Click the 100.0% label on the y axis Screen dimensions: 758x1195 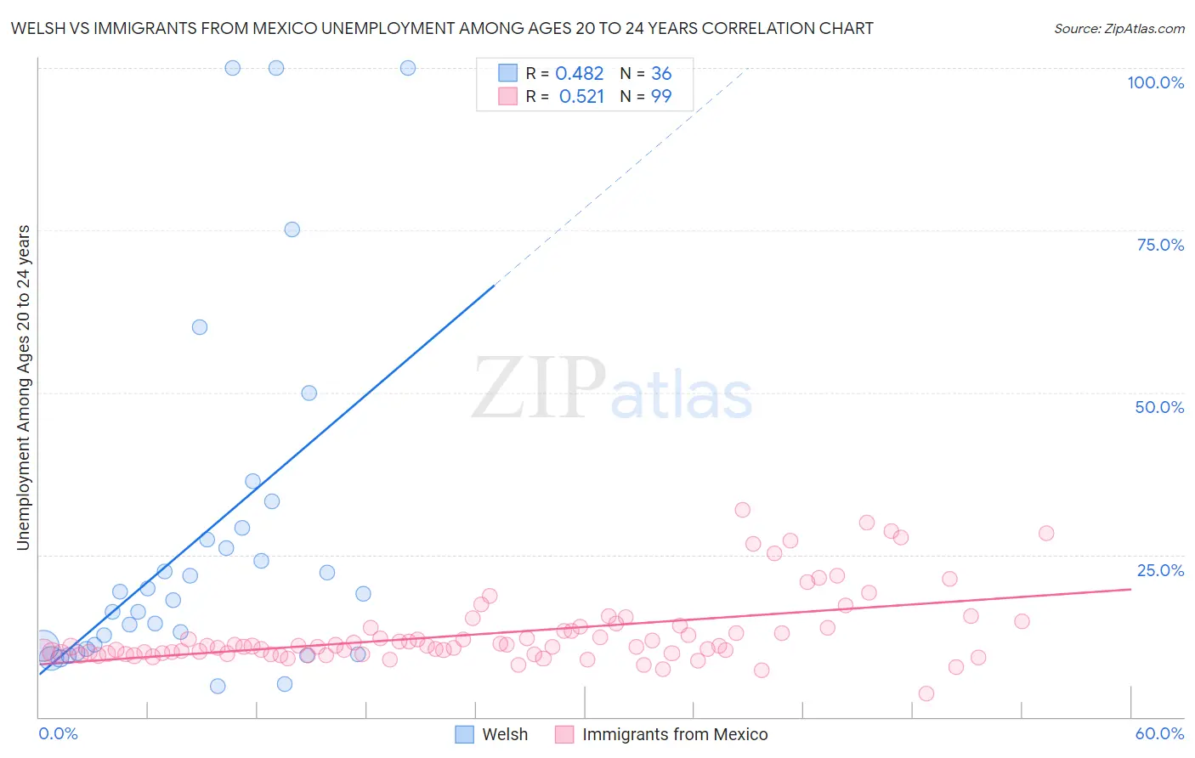coord(1155,82)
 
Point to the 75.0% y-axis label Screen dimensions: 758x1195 coord(1160,245)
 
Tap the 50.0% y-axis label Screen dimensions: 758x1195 coord(1159,407)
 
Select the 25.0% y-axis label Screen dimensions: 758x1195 coord(1160,570)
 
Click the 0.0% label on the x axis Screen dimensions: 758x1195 coord(58,733)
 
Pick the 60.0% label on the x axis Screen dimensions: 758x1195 coord(1159,733)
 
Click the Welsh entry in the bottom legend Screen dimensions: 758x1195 coord(505,734)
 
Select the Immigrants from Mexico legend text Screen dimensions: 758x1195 coord(675,734)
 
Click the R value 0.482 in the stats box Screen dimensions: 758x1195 coord(579,74)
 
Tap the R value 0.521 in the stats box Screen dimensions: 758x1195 coord(581,97)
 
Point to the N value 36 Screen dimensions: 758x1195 coord(661,74)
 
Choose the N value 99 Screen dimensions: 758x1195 coord(661,97)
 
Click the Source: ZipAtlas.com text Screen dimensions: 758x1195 coord(1119,29)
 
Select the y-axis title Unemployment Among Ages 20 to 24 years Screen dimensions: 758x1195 coord(24,387)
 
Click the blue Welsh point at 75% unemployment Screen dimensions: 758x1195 coord(292,229)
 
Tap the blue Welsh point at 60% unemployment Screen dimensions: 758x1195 coord(200,327)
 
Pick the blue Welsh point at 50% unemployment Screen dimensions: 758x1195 coord(309,393)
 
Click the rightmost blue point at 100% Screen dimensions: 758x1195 coord(408,68)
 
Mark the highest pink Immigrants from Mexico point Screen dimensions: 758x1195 coord(743,510)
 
